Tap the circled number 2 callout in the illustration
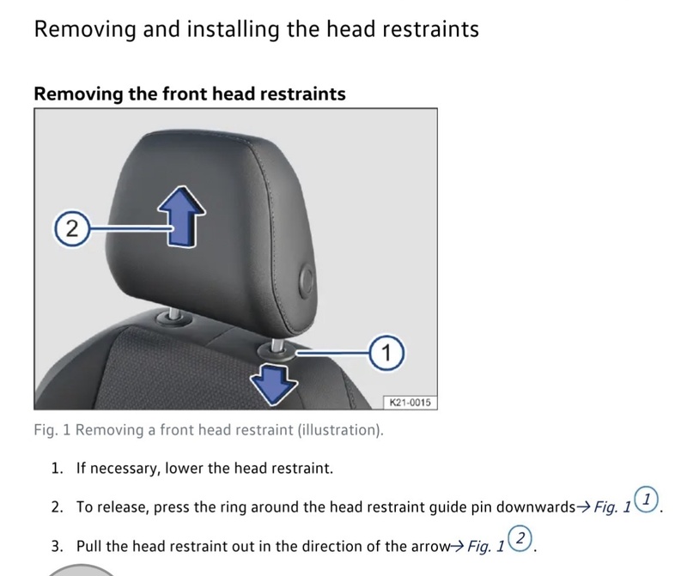point(72,228)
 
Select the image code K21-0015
point(410,402)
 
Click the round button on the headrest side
point(307,280)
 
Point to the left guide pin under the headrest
point(173,314)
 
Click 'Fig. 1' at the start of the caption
point(52,430)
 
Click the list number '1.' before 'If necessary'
point(58,468)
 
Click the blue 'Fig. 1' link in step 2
point(612,507)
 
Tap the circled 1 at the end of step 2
point(647,500)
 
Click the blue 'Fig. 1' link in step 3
point(486,546)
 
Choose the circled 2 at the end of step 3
point(520,538)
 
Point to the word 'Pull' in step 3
point(89,546)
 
